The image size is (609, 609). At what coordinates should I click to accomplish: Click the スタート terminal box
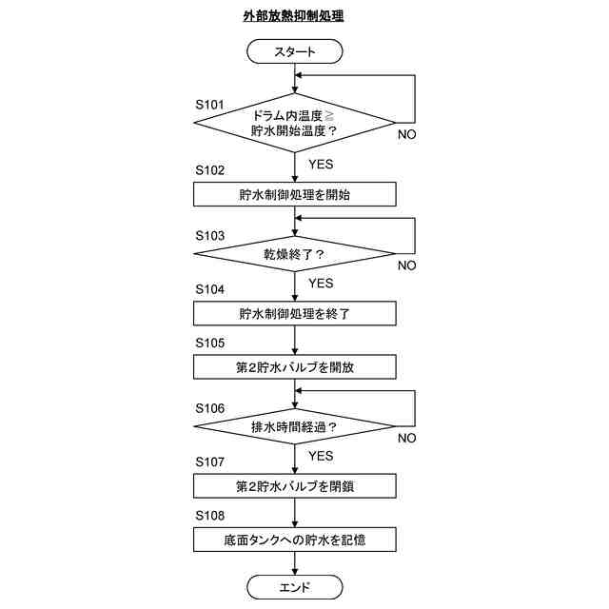294,50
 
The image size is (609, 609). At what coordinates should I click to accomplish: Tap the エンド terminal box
294,586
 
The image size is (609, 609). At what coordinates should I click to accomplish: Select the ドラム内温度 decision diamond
294,123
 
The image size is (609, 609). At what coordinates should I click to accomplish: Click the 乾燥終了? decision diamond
294,254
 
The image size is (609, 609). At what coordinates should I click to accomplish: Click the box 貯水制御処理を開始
294,195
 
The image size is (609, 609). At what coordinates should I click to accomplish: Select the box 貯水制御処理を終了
294,313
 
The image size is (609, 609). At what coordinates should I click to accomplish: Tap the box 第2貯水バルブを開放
294,366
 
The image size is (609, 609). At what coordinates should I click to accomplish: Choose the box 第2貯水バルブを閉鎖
294,485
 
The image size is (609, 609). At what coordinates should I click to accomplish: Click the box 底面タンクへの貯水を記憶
294,540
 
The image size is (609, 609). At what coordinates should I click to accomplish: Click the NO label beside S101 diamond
406,134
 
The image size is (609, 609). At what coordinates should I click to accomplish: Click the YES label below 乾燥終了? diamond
321,283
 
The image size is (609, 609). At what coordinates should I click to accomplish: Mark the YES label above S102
321,164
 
